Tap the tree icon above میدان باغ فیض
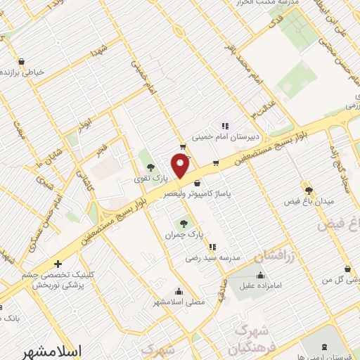pyautogui.click(x=307, y=191)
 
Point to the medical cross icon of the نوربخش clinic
pyautogui.click(x=57, y=264)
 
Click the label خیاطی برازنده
pyautogui.click(x=26, y=72)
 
